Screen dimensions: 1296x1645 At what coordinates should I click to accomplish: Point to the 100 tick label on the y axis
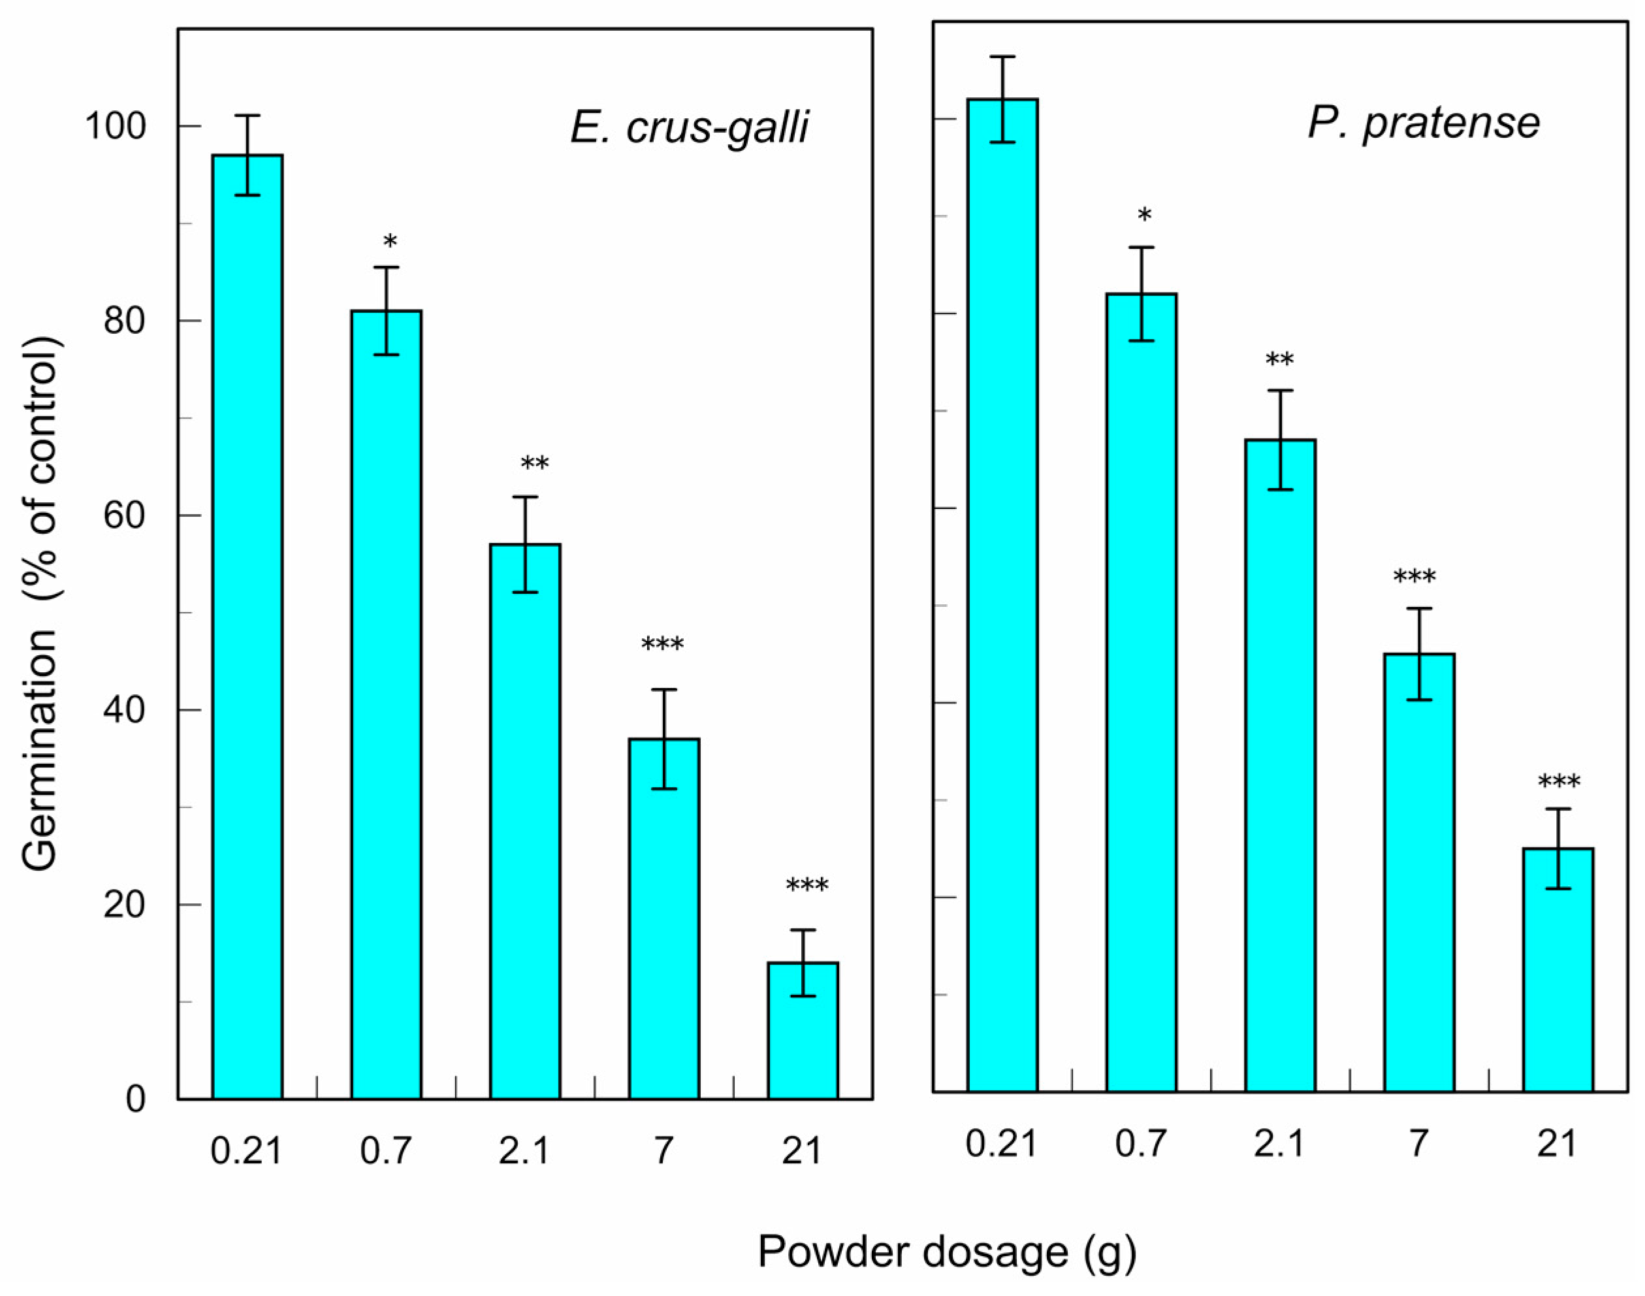114,126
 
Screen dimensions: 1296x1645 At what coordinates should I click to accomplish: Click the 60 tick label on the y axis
123,515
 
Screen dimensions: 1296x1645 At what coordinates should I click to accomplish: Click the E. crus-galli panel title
690,127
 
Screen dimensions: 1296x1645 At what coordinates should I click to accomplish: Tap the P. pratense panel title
1424,122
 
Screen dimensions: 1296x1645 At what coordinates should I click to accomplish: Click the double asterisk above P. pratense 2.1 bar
1279,361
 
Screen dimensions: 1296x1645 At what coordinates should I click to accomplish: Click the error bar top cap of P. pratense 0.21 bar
1002,57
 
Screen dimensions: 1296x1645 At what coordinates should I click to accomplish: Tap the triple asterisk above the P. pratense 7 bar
1414,577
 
